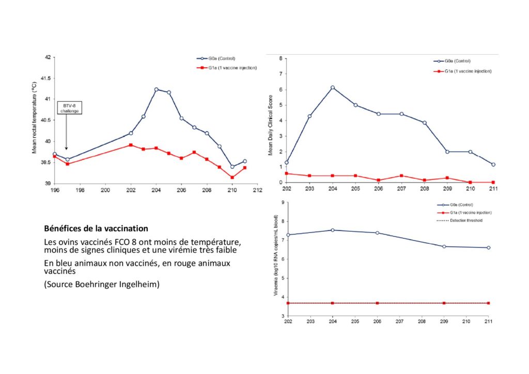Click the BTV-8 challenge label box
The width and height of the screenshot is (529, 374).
tap(70, 108)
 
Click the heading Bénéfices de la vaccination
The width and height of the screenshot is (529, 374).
tap(96, 229)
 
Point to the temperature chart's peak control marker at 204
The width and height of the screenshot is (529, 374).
tap(156, 90)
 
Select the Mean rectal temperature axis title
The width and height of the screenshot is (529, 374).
tap(34, 118)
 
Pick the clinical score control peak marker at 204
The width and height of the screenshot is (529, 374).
tap(333, 88)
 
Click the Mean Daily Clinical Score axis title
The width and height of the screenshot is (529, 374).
tap(270, 125)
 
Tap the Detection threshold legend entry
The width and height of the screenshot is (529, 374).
tap(460, 221)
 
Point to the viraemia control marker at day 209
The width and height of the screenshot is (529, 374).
tap(444, 246)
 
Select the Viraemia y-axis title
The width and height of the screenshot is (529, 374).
tap(276, 255)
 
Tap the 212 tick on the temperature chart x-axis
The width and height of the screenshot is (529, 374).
tap(257, 190)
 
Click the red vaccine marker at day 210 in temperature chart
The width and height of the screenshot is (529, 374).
tap(232, 177)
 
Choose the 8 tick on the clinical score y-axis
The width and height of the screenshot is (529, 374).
tap(281, 58)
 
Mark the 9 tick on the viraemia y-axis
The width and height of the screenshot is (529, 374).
tap(283, 202)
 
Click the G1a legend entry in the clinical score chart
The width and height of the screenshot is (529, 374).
tap(462, 71)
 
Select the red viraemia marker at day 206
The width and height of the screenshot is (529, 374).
tap(377, 303)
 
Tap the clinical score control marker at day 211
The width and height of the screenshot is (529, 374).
tap(493, 165)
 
